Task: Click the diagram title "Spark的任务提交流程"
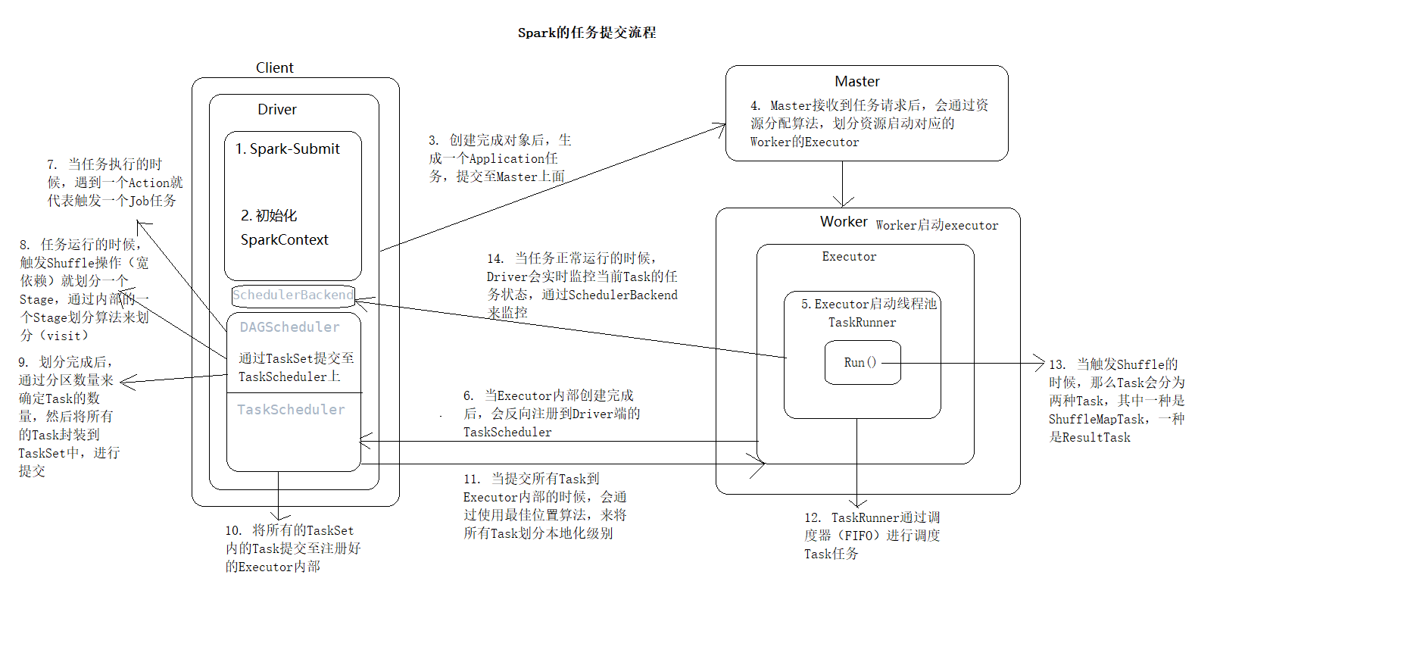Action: tap(587, 33)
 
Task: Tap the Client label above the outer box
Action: tap(274, 68)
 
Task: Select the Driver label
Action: tap(277, 110)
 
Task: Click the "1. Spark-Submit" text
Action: tap(288, 149)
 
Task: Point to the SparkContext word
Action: tap(285, 240)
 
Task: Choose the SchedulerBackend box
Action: tap(293, 295)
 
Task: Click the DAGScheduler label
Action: tap(290, 327)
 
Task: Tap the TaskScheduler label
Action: tap(291, 410)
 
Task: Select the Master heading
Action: tap(857, 82)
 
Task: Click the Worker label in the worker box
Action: tap(844, 222)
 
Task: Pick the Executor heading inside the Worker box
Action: tap(849, 257)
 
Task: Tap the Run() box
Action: tap(862, 363)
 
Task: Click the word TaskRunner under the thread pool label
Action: tap(862, 323)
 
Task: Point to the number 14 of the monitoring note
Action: tap(495, 259)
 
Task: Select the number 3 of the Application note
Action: tap(432, 141)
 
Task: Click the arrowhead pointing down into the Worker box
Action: tap(843, 202)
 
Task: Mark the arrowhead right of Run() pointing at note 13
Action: tap(1040, 364)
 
